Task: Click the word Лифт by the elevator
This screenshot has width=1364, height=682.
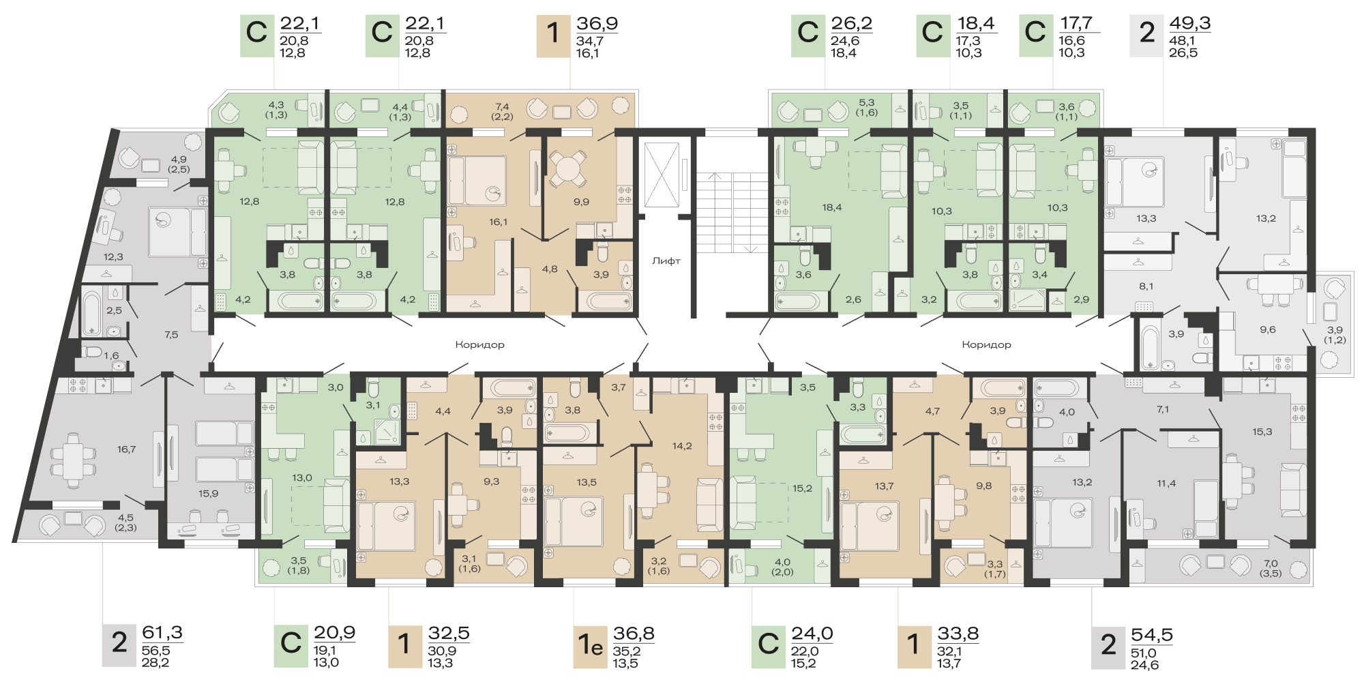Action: point(666,261)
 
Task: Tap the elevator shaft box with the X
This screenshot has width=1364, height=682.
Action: point(662,175)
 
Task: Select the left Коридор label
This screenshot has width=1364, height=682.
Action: point(480,344)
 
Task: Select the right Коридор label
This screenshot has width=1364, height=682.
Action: point(986,344)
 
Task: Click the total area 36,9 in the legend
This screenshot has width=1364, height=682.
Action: point(597,24)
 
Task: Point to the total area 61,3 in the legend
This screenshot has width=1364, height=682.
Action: point(162,633)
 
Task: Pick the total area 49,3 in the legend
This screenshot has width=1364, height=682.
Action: point(1190,23)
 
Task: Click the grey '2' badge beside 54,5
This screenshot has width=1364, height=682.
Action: point(1109,645)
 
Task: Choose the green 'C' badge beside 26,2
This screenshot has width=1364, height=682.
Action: point(808,33)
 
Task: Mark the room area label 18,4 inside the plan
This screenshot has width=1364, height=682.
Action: point(832,207)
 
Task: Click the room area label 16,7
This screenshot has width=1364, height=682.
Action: point(126,449)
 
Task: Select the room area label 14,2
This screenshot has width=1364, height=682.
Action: point(682,446)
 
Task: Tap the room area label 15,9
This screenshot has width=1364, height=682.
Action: point(208,494)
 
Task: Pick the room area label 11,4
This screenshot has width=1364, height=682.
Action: point(1166,484)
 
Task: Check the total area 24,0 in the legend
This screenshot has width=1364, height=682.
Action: point(812,634)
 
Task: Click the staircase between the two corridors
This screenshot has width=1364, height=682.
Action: point(732,212)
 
